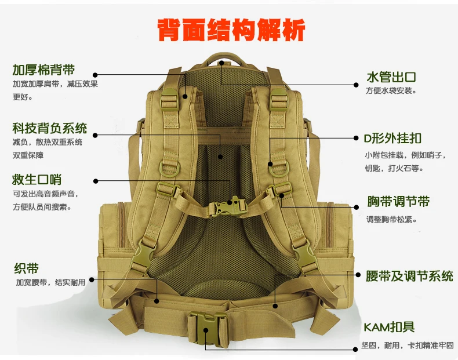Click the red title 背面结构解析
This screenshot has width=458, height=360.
tap(231, 30)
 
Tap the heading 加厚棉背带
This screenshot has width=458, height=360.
tap(43, 71)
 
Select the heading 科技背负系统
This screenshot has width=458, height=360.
tap(49, 128)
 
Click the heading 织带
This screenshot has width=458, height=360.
tap(26, 268)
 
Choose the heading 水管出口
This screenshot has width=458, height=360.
tap(391, 77)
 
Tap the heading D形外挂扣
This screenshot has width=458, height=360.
tap(392, 139)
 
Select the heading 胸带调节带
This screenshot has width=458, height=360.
tap(398, 202)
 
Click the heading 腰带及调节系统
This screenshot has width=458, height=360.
tap(409, 276)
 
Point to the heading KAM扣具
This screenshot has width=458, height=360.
tap(389, 328)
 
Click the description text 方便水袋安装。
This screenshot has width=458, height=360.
tap(391, 91)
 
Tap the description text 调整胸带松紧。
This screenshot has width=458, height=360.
tap(391, 220)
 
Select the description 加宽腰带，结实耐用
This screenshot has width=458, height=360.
tap(50, 282)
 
